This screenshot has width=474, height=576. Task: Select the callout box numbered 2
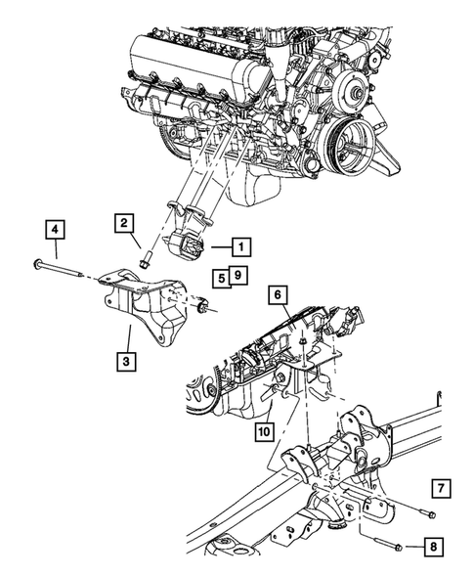(126, 223)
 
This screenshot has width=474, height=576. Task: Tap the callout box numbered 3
(126, 363)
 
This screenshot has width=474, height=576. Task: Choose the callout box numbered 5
(224, 277)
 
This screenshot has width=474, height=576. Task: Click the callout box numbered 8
(432, 547)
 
